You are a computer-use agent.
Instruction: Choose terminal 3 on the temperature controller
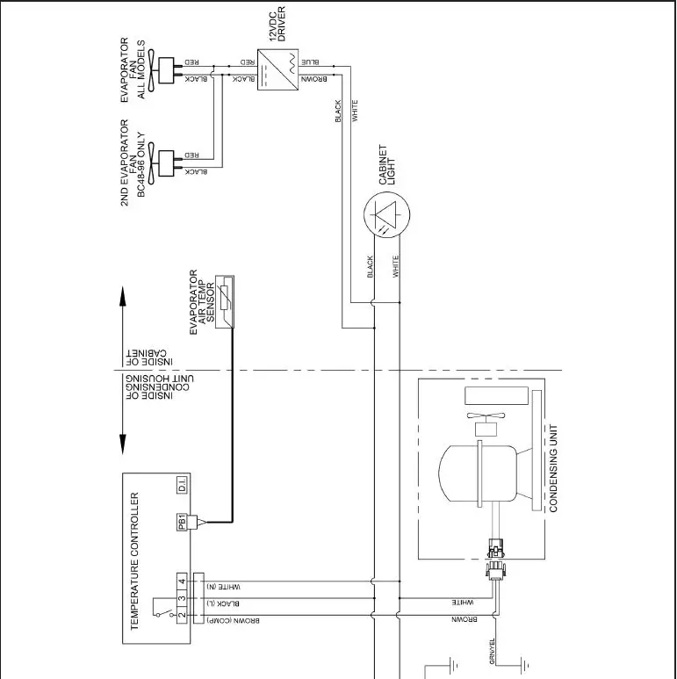click(182, 599)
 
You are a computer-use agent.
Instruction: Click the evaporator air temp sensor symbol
click(227, 303)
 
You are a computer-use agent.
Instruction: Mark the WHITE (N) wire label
click(224, 586)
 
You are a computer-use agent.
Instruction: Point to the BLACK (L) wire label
click(223, 603)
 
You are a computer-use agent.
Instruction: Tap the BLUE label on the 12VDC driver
click(310, 63)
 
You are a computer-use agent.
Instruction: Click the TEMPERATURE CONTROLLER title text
click(135, 561)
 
